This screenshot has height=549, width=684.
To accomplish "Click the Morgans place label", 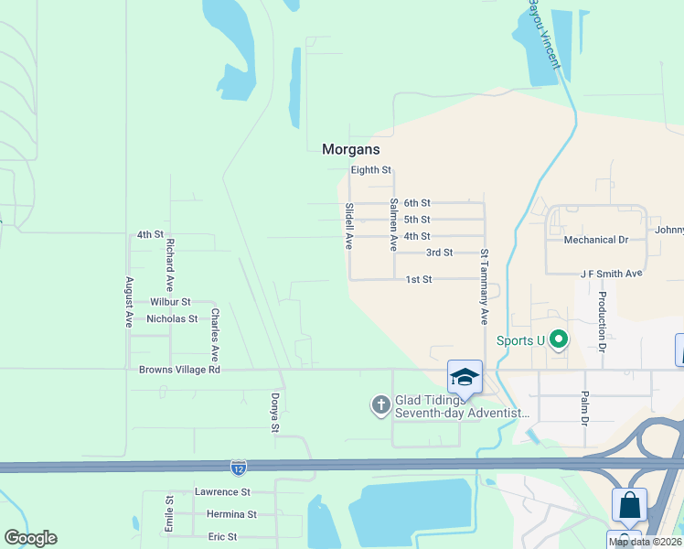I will coord(350,149).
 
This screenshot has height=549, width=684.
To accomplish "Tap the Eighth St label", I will coord(371,170).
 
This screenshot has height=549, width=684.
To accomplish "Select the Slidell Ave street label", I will coord(348,226).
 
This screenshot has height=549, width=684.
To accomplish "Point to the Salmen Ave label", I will coord(393,225).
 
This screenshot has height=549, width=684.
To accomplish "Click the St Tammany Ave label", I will coord(484,286).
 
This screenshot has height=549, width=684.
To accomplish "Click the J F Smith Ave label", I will coord(612,274).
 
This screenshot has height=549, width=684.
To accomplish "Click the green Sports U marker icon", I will coord(559,341).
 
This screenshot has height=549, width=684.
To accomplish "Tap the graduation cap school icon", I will coord(465,377).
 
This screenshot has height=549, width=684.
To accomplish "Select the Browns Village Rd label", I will coord(180,371).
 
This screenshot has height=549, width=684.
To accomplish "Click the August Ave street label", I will coord(129,302).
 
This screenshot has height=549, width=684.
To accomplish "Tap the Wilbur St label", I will coord(170,302).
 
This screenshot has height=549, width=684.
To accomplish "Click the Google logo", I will coord(31,538).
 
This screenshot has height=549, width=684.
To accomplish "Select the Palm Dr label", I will coord(584,408).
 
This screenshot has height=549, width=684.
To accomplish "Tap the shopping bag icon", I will coord(629,504).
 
